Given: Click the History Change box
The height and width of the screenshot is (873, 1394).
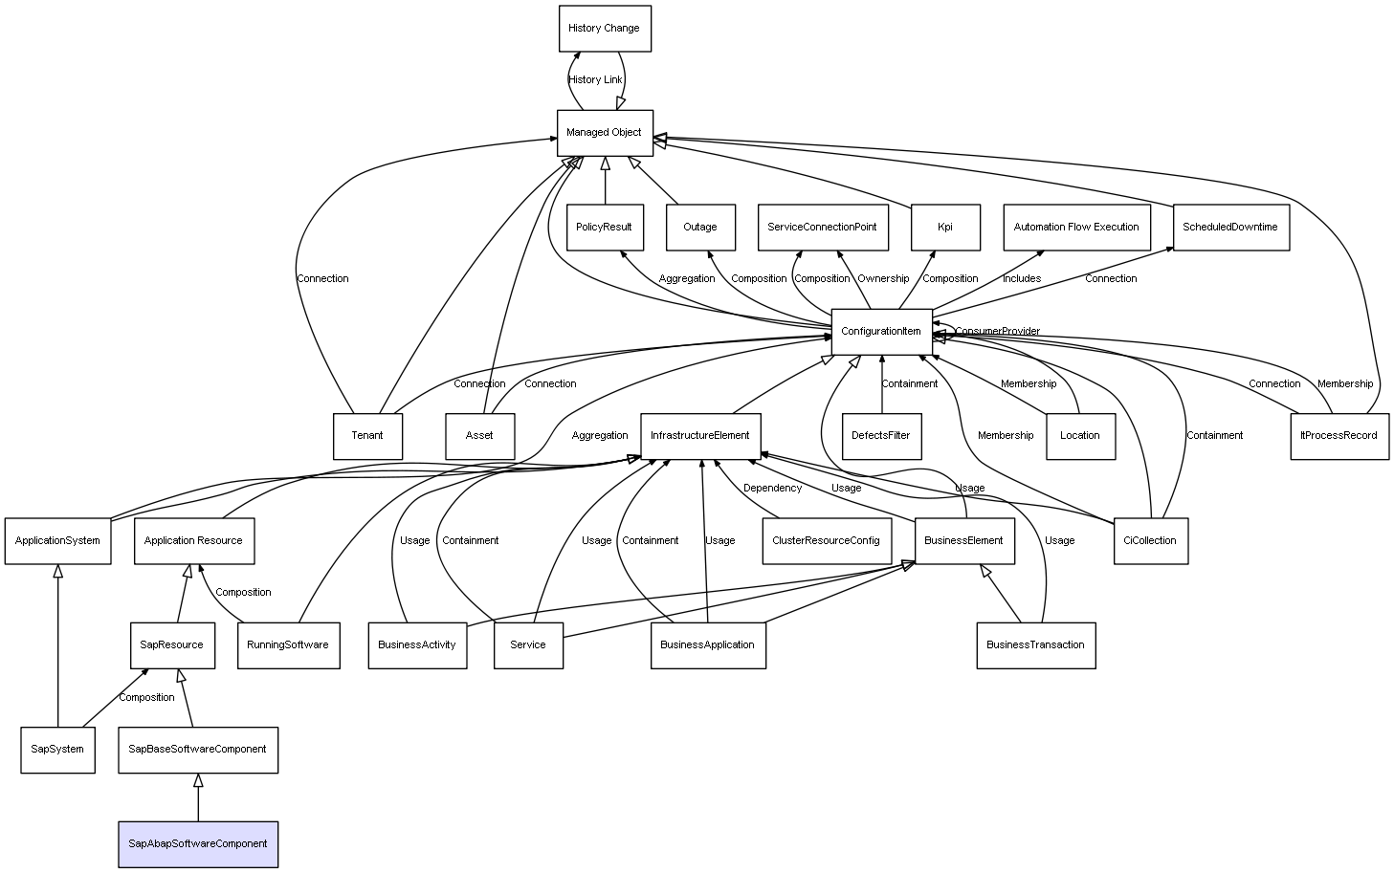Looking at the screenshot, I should click(605, 29).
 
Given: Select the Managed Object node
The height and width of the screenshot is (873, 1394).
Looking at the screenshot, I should click(605, 133).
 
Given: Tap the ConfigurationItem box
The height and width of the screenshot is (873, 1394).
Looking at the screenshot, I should click(881, 332).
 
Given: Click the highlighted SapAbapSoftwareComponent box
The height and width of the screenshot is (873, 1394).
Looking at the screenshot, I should click(198, 844).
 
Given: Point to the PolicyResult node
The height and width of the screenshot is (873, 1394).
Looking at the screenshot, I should click(604, 228).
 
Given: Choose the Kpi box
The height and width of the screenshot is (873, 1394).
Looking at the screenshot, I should click(945, 228).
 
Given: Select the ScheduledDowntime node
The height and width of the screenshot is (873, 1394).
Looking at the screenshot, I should click(1230, 228).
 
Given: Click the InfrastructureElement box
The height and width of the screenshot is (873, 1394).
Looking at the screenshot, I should click(700, 436).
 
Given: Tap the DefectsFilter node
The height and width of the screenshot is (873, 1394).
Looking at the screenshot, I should click(881, 436).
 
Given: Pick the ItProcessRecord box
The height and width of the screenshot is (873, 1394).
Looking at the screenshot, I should click(1339, 436).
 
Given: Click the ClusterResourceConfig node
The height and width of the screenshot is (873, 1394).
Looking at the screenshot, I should click(826, 541).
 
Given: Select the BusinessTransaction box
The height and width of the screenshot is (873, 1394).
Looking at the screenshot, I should click(1035, 645).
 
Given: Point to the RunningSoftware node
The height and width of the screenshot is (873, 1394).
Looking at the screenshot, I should click(288, 645).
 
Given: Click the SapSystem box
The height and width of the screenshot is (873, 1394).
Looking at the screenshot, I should click(57, 750).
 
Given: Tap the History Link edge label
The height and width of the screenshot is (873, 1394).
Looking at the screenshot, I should click(595, 80).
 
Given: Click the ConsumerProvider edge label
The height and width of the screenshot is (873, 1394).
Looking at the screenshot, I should click(997, 332).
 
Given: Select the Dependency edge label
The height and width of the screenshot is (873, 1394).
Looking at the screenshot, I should click(772, 489).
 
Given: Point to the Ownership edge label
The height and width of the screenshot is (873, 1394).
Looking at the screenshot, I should click(883, 279).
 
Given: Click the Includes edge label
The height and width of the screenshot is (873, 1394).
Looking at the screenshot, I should click(1022, 279).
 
